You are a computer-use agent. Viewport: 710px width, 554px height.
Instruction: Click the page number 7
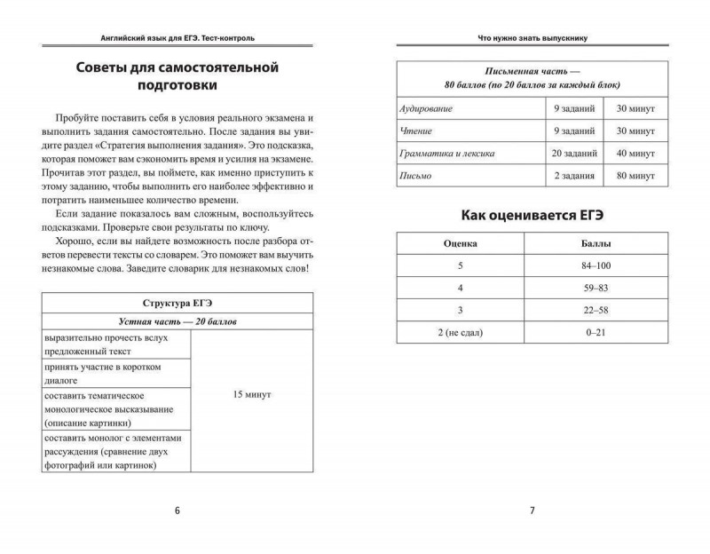click(532, 510)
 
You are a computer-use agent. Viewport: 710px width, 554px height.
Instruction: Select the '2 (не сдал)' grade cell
click(461, 332)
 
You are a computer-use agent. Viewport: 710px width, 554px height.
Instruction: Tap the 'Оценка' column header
click(461, 242)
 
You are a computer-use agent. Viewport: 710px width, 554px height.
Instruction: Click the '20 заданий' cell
click(572, 153)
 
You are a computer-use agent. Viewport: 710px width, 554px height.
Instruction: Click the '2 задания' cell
click(572, 176)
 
